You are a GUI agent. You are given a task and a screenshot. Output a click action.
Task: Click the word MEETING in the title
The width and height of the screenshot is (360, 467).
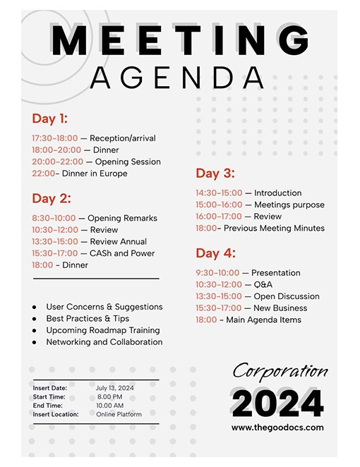[x=179, y=40]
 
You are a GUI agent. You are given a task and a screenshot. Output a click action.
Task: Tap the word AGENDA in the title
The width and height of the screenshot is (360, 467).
[x=176, y=77]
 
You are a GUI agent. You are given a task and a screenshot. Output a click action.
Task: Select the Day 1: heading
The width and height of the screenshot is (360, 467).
[x=49, y=119]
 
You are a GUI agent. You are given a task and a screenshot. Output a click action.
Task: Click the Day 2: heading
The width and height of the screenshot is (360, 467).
[x=51, y=198]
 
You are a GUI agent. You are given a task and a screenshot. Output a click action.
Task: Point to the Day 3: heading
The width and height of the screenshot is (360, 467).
[x=215, y=174]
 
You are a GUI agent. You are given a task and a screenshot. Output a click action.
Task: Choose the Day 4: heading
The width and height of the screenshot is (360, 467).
[x=215, y=253]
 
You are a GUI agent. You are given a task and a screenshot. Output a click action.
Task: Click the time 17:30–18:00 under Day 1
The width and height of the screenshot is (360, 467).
[x=54, y=138]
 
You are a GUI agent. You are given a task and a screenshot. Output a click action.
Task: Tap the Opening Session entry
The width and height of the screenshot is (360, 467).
[x=128, y=162]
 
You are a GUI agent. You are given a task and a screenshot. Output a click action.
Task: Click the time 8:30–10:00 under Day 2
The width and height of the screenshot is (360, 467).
[x=54, y=218]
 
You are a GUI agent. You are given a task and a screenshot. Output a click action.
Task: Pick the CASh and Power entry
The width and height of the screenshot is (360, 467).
[x=122, y=253]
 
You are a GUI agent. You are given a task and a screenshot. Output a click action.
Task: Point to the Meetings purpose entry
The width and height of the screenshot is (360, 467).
[x=289, y=205]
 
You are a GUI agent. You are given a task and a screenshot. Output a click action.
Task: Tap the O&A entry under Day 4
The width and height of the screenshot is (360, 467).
[x=263, y=284]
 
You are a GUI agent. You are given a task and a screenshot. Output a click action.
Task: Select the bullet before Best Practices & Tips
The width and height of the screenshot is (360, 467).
[x=35, y=319]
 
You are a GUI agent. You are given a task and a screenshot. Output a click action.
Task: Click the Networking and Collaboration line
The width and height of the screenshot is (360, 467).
[x=104, y=342]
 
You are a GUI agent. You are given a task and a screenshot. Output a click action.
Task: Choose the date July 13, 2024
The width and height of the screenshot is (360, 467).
[x=115, y=388]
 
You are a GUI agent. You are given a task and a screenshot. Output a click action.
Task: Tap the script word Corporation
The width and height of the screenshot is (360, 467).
[x=280, y=371]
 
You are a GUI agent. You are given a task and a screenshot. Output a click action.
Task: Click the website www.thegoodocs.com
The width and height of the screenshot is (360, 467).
[x=277, y=427]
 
